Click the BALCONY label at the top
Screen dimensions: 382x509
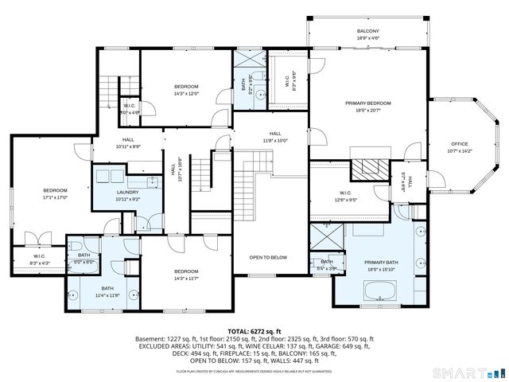click(x=367, y=31)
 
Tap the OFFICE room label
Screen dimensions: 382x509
click(x=460, y=144)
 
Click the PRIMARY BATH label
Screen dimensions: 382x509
click(x=380, y=263)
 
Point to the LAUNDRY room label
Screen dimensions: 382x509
click(x=106, y=192)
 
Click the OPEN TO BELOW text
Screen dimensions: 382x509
click(x=268, y=257)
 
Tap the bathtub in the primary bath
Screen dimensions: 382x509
click(x=379, y=291)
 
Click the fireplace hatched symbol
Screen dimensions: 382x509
click(x=367, y=169)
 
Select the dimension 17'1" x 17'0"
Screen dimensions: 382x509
click(x=55, y=197)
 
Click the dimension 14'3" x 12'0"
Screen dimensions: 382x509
click(x=186, y=92)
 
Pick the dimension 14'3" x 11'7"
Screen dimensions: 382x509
click(x=186, y=278)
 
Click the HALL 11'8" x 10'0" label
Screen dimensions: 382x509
click(x=275, y=137)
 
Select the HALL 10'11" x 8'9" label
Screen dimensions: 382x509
click(x=127, y=142)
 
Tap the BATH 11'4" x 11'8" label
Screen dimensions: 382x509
click(x=107, y=291)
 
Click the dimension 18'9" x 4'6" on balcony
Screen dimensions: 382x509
click(x=367, y=37)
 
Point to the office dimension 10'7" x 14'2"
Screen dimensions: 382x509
click(x=460, y=150)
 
